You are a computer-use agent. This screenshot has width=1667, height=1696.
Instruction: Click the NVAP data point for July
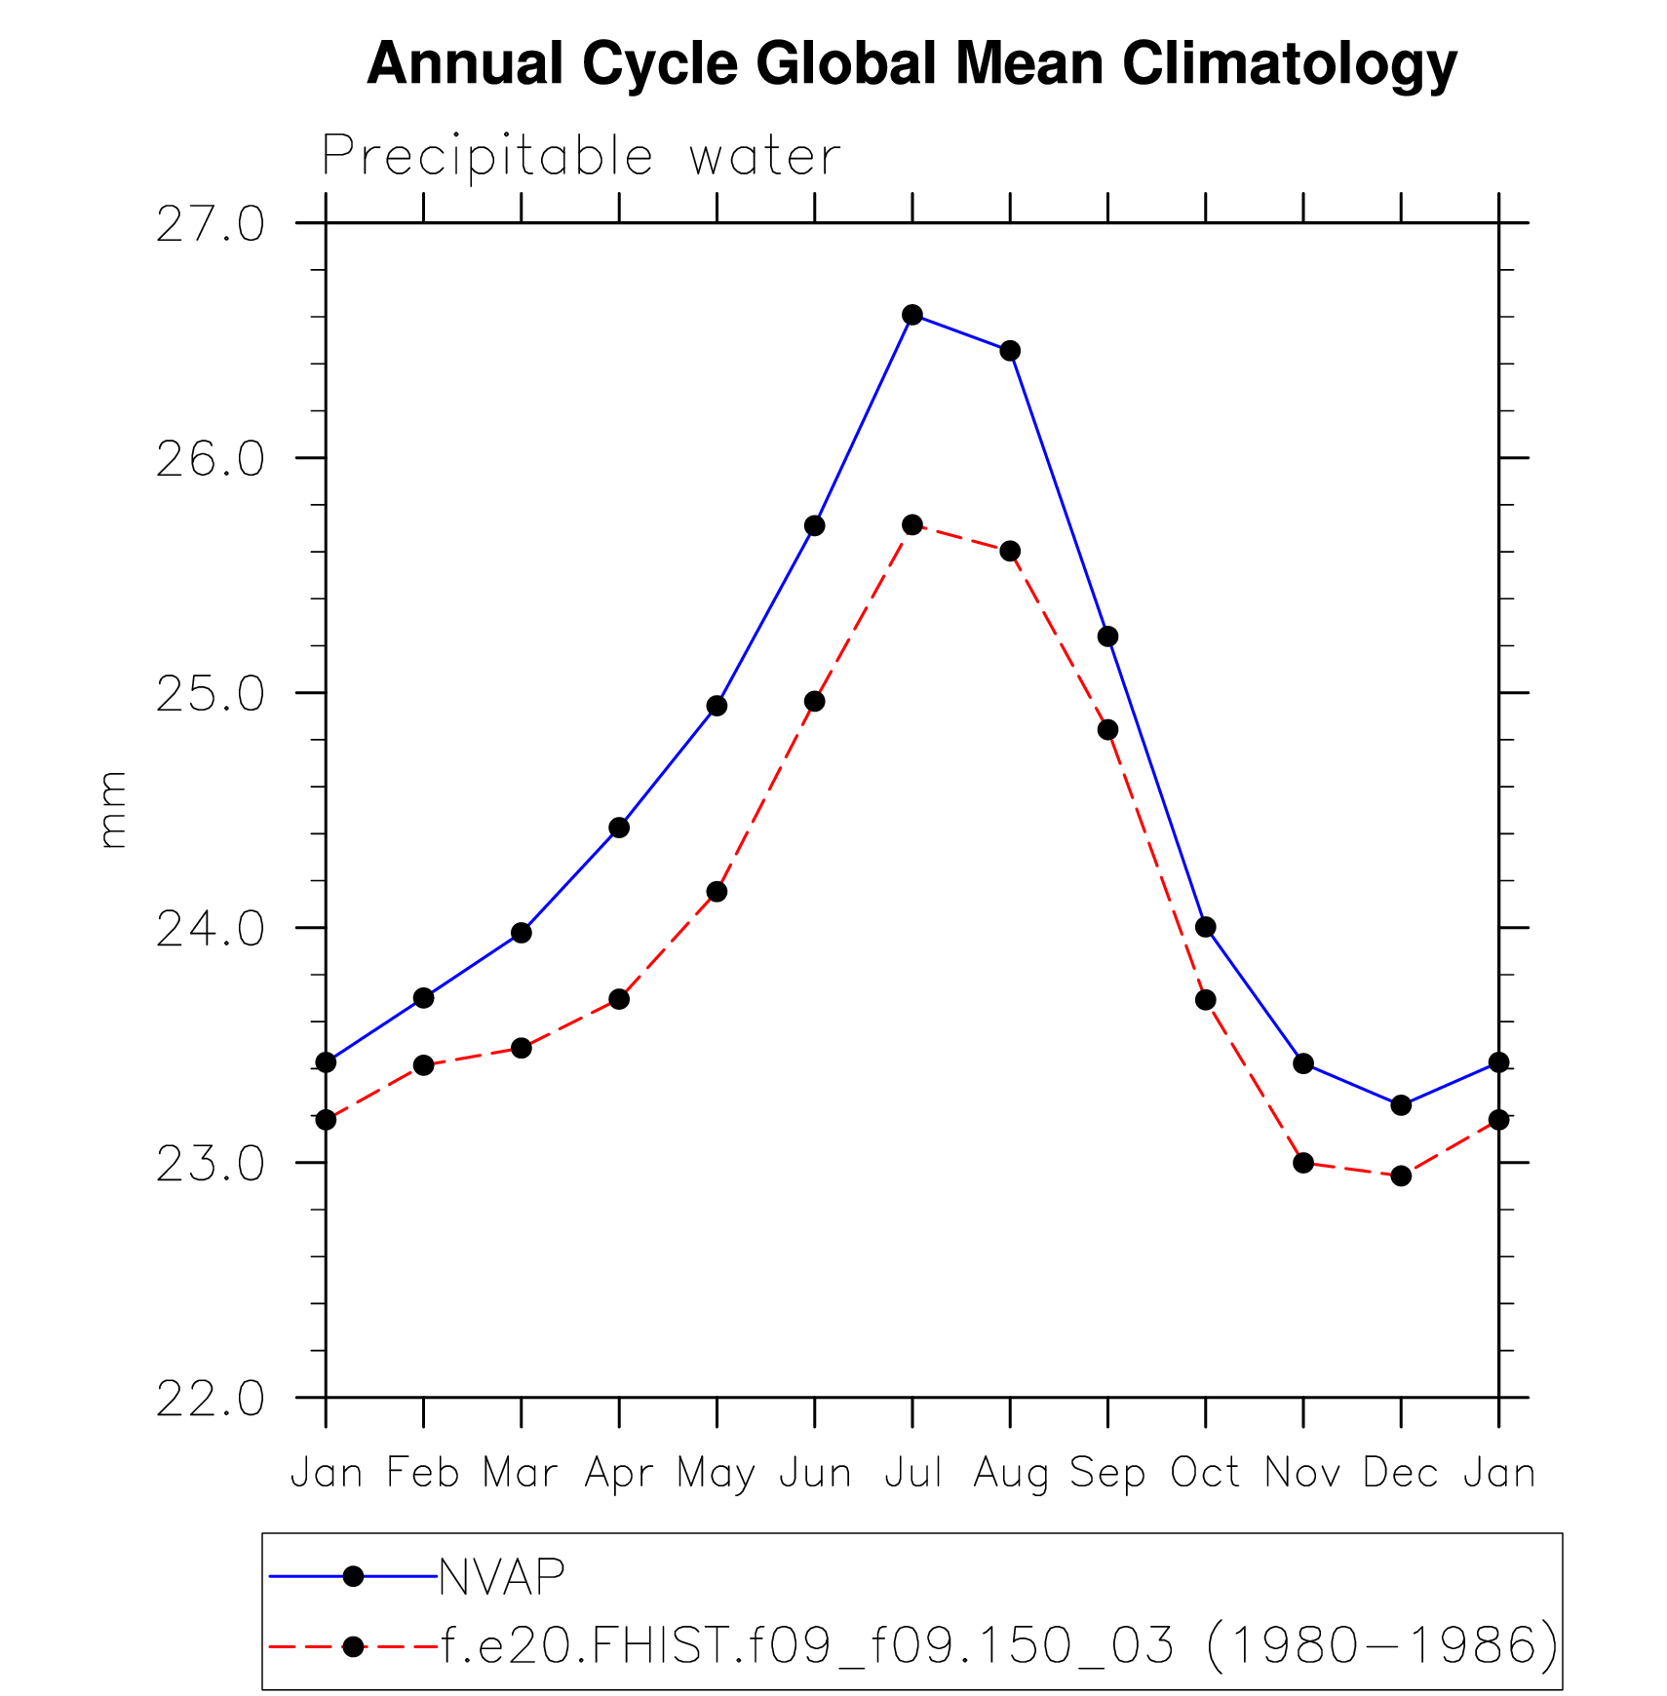912,314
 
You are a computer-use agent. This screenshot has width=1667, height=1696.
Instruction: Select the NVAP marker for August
1010,351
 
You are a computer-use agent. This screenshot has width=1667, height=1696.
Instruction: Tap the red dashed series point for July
912,524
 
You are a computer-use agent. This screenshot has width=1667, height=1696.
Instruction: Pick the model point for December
1401,1176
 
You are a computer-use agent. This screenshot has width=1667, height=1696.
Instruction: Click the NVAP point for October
1206,927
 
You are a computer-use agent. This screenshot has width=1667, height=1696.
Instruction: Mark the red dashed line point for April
619,999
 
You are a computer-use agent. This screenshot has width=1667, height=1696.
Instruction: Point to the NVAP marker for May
717,706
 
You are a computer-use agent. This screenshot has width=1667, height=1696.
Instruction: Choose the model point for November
1303,1163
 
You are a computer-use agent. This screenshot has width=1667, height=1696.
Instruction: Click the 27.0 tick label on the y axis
210,224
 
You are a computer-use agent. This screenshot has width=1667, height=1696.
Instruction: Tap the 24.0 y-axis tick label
210,929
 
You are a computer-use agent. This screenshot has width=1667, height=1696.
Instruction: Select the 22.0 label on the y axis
210,1399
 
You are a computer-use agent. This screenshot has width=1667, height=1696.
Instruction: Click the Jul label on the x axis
912,1473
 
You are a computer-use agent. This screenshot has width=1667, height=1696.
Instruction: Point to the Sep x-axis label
1107,1473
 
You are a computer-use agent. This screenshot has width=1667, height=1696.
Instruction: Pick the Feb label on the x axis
423,1473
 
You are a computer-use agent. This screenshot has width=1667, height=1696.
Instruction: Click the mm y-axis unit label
113,810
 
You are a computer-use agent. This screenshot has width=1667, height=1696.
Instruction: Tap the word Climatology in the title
1289,64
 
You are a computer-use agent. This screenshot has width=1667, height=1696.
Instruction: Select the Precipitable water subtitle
581,156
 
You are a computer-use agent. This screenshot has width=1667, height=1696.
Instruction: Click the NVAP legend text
502,1576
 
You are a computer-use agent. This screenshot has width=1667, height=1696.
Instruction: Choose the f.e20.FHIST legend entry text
999,1646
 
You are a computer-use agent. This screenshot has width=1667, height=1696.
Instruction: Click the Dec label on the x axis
1401,1473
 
